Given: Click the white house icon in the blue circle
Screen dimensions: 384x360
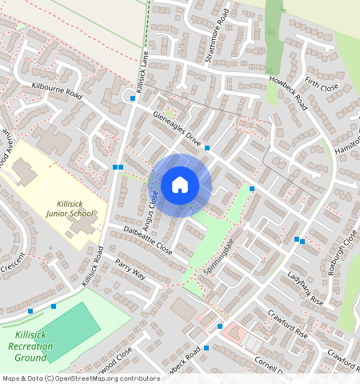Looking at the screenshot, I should [x=180, y=186].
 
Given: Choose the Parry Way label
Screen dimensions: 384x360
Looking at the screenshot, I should [x=130, y=269].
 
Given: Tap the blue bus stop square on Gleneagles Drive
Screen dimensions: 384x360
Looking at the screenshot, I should [x=207, y=148].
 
